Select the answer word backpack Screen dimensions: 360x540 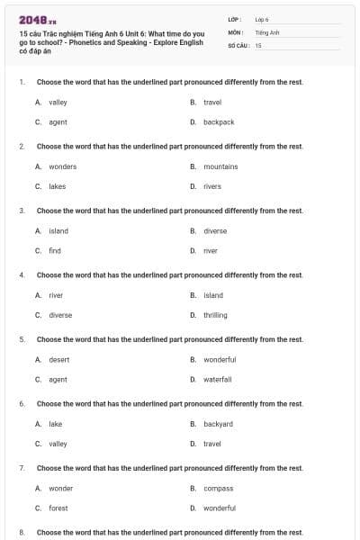click(x=219, y=122)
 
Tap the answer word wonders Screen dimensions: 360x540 click(x=62, y=166)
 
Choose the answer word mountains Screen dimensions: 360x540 click(x=220, y=166)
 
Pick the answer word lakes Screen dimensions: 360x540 click(x=57, y=186)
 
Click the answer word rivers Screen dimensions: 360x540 click(x=211, y=186)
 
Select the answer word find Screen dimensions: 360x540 click(x=55, y=251)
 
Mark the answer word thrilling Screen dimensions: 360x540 click(x=215, y=316)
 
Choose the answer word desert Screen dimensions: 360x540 click(x=58, y=360)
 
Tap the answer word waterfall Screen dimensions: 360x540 click(x=217, y=380)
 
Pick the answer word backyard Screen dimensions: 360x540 click(x=218, y=424)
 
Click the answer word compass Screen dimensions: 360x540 click(x=218, y=489)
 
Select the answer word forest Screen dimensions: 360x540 click(x=58, y=508)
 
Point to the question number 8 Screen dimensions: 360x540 click(x=22, y=533)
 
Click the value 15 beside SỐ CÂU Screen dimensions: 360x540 click(x=258, y=45)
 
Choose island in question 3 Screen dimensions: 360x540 click(x=58, y=231)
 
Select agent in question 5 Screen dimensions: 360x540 click(x=58, y=380)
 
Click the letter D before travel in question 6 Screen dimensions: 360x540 click(x=193, y=444)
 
